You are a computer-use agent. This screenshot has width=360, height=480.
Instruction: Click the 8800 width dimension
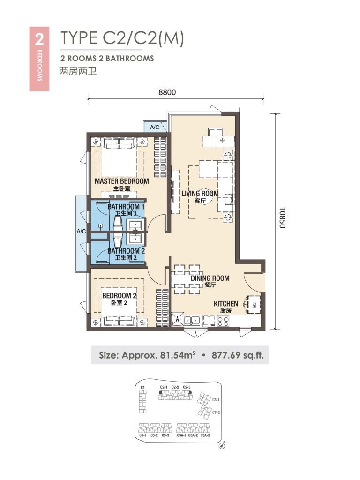coord(167,92)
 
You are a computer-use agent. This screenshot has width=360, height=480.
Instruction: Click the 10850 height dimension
coord(282,217)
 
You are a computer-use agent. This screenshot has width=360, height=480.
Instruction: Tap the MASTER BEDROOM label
coord(121,181)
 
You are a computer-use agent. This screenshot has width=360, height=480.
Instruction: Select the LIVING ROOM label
coord(200,193)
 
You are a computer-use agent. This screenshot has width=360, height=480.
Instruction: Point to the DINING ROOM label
coord(210,278)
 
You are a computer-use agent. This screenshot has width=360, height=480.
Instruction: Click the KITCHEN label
coord(226,304)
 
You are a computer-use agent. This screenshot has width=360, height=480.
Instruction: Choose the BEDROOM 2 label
coord(119,296)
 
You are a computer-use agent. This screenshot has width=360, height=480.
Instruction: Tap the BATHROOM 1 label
coord(126,207)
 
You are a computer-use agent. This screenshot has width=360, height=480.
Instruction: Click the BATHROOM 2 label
coord(126,251)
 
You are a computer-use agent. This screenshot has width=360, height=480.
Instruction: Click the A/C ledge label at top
coord(155,127)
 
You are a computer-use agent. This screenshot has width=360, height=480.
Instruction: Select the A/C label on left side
coord(81,232)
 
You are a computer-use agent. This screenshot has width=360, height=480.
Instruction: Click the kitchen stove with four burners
coord(223,321)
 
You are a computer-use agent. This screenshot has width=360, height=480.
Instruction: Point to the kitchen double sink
coord(193,321)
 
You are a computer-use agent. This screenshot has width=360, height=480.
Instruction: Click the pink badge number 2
coord(39,38)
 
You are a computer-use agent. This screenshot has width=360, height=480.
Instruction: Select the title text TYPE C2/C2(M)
coord(121,38)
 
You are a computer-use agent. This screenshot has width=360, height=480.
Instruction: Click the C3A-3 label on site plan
coord(205,435)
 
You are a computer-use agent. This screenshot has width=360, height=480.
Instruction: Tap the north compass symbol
coord(222,446)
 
